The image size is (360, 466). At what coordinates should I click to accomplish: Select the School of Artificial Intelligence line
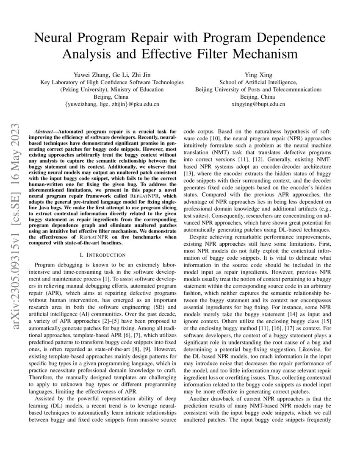click(258, 82)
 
